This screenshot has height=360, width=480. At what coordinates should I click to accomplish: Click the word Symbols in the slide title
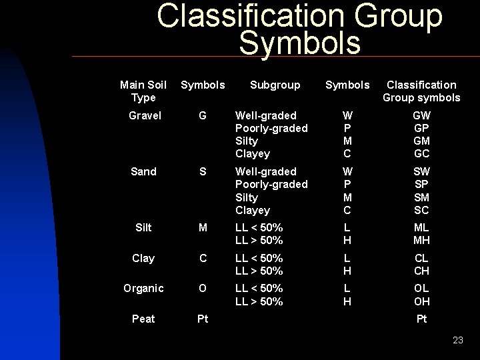click(299, 43)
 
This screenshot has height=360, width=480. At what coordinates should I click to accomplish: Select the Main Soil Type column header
click(143, 91)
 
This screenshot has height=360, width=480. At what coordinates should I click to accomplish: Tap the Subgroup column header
click(275, 85)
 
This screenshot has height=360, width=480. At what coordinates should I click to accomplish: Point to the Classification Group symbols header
click(421, 91)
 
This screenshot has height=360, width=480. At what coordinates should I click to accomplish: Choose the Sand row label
click(143, 171)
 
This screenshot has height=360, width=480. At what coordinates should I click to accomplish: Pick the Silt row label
click(143, 227)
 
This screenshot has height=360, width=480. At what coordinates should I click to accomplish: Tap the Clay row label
click(143, 258)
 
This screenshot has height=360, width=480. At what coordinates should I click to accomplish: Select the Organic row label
click(143, 288)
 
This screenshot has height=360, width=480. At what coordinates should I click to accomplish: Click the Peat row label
click(143, 319)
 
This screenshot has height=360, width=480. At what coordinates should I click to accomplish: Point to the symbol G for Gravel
click(203, 115)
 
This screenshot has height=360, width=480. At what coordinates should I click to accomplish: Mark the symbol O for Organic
click(203, 288)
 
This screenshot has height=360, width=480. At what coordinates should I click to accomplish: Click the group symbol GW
click(421, 115)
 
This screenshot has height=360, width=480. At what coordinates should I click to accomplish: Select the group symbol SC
click(421, 210)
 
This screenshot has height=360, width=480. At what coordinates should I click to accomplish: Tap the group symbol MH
click(421, 240)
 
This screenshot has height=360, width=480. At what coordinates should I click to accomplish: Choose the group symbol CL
click(421, 258)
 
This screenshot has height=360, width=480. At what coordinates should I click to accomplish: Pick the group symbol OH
click(421, 301)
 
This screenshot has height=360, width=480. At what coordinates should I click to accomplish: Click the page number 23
click(457, 340)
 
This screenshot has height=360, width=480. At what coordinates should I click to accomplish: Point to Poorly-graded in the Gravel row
click(271, 128)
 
